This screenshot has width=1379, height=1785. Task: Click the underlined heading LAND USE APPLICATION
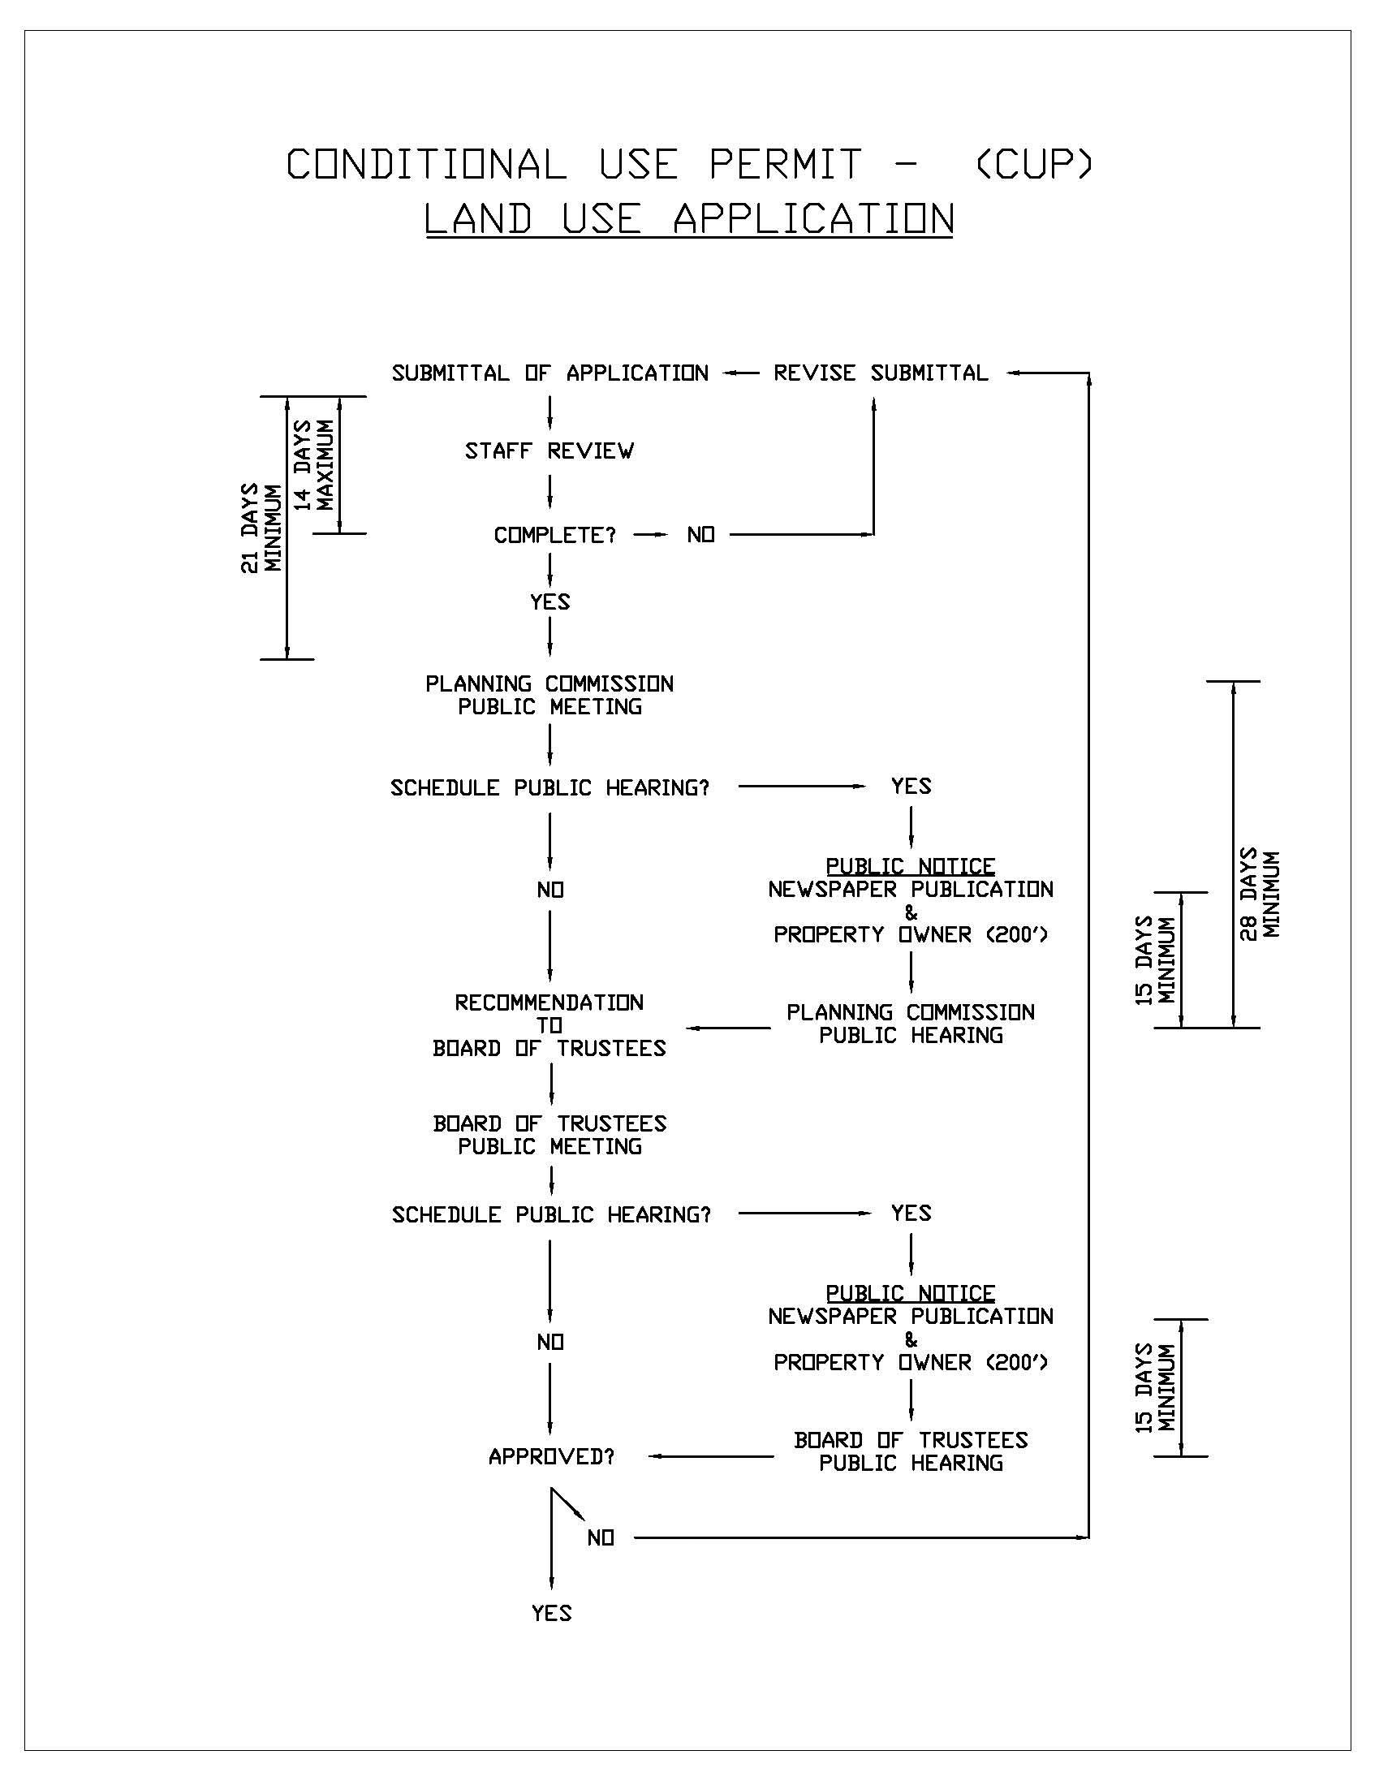coord(688,219)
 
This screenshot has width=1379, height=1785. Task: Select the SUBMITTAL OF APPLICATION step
coord(549,373)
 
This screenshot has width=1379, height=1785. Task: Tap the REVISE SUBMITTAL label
coord(881,373)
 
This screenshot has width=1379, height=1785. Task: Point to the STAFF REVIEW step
coord(549,451)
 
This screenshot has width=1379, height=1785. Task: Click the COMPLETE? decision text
coord(554,535)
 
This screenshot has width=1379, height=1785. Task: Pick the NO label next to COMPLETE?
coord(700,535)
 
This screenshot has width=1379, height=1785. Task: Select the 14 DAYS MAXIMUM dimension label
coord(314,464)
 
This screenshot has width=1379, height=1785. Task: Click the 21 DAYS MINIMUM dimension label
coord(261,528)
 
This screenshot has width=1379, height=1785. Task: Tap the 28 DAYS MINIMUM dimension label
coord(1260,895)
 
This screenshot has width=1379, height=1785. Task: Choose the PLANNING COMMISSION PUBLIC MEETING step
coord(549,696)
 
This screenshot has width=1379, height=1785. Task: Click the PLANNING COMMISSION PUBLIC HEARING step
coord(911,1024)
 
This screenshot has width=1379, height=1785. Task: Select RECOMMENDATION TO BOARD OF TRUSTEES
coord(549,1025)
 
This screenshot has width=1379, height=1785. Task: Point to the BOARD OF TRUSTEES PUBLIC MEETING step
coord(549,1136)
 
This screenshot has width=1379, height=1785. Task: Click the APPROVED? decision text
coord(552,1456)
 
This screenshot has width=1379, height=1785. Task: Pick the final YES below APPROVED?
coord(552,1614)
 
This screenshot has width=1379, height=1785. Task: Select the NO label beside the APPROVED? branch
coord(601,1538)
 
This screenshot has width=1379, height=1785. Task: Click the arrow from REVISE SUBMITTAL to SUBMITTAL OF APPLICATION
coord(740,373)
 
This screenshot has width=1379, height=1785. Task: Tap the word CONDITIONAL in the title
coord(426,163)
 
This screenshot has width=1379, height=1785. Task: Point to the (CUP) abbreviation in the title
coord(1034,163)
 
